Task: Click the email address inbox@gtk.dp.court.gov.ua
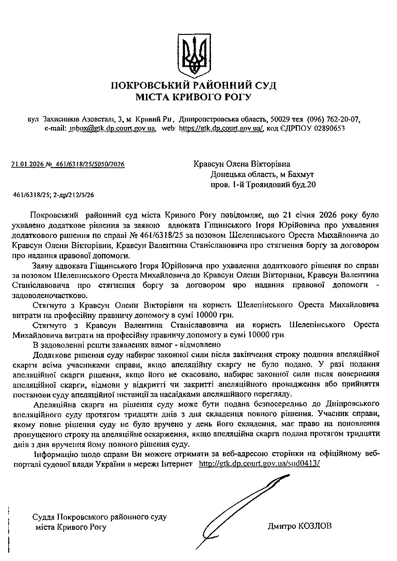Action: [x=113, y=128]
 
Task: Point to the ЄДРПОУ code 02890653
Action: [x=328, y=128]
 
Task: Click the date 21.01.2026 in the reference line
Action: [x=28, y=164]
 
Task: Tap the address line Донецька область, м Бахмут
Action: [x=262, y=174]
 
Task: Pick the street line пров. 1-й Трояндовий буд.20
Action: [x=263, y=185]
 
